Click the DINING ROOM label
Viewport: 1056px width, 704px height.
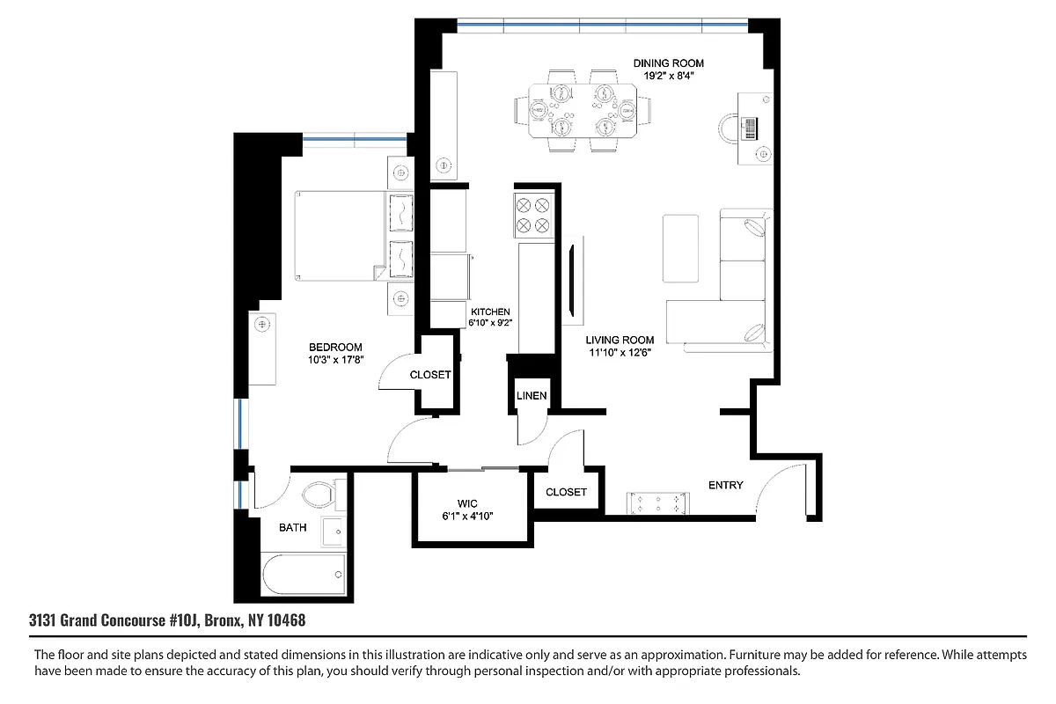pos(669,63)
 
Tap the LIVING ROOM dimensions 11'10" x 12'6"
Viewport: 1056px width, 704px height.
pos(621,354)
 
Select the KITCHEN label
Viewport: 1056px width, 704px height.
pos(490,312)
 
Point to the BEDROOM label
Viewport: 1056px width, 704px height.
pos(334,348)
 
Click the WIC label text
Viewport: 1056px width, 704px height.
pos(453,503)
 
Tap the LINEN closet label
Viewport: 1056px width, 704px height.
pos(532,396)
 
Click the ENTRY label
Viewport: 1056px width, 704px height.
pos(725,485)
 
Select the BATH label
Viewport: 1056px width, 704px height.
pos(293,528)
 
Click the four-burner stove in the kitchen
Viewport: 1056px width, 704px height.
pos(532,216)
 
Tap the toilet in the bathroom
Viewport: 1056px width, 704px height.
pos(318,494)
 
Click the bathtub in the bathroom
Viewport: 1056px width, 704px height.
pos(304,575)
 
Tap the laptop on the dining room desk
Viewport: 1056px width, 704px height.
pos(750,128)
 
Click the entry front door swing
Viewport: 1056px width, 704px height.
pos(783,493)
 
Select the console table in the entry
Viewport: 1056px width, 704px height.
pos(656,503)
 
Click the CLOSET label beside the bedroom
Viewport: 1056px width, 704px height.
pos(430,375)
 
